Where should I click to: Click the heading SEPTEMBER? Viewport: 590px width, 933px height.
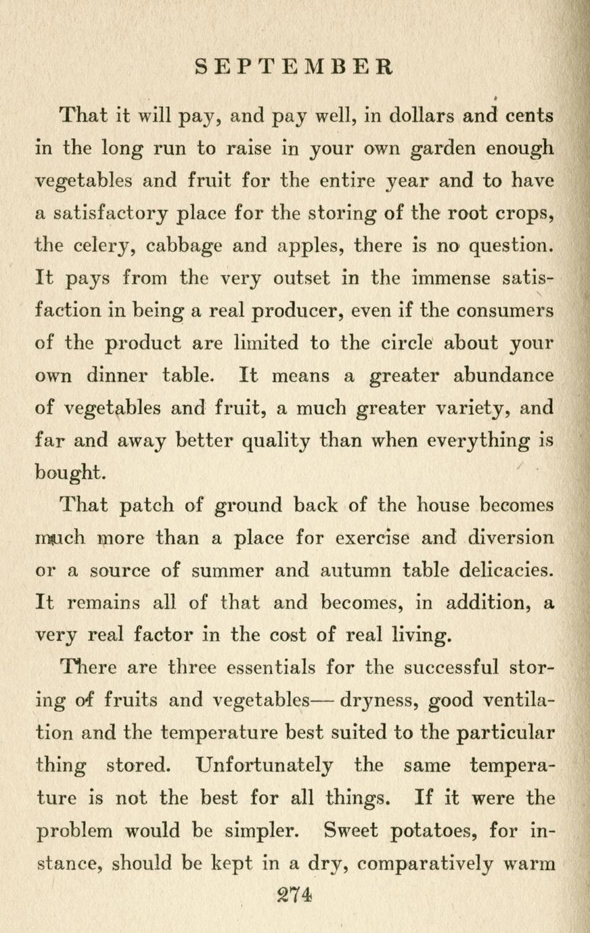pos(294,67)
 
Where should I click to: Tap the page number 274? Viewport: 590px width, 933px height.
pos(294,894)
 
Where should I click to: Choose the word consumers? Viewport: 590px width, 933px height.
pos(505,311)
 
